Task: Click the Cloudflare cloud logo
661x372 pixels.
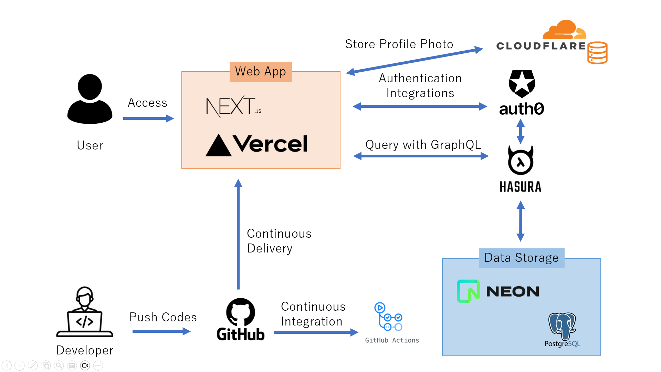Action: [564, 30]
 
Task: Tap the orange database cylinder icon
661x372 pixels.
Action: [597, 53]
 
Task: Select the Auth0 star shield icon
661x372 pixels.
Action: [522, 84]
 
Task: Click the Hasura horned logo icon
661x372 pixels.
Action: [521, 161]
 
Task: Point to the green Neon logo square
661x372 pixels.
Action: [468, 291]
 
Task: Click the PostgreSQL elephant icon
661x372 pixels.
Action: [562, 325]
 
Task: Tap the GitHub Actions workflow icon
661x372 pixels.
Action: [388, 317]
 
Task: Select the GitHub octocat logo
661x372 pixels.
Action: [241, 312]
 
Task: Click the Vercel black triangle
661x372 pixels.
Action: [218, 145]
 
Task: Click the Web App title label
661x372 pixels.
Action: [261, 72]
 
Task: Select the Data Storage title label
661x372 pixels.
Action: [521, 258]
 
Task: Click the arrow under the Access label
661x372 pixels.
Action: [148, 118]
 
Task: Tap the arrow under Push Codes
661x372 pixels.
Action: [161, 331]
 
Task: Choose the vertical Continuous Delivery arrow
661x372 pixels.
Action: [238, 234]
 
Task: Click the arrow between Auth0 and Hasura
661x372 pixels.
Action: [521, 131]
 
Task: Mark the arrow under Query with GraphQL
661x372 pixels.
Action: [421, 156]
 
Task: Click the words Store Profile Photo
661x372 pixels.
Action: [399, 44]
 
